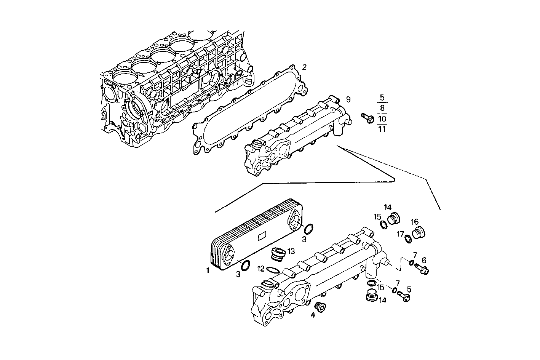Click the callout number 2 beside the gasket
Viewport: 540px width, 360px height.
click(x=304, y=67)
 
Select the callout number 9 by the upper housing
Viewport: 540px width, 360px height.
click(x=348, y=99)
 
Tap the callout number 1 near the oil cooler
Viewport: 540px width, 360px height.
click(x=208, y=271)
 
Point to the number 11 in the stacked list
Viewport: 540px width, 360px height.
click(x=382, y=129)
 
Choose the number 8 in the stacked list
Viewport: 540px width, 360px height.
click(x=382, y=108)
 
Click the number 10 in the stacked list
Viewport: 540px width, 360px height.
click(x=382, y=118)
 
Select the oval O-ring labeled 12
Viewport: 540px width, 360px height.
click(x=273, y=270)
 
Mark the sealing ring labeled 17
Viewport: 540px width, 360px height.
click(x=408, y=239)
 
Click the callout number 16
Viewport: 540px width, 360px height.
click(x=414, y=222)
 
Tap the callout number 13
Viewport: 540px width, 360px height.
click(x=291, y=251)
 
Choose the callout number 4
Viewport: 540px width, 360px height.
click(x=313, y=315)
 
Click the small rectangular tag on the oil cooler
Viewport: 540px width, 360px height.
click(x=262, y=236)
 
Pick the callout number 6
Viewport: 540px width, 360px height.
click(x=424, y=260)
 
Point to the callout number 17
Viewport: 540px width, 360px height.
click(x=401, y=234)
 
